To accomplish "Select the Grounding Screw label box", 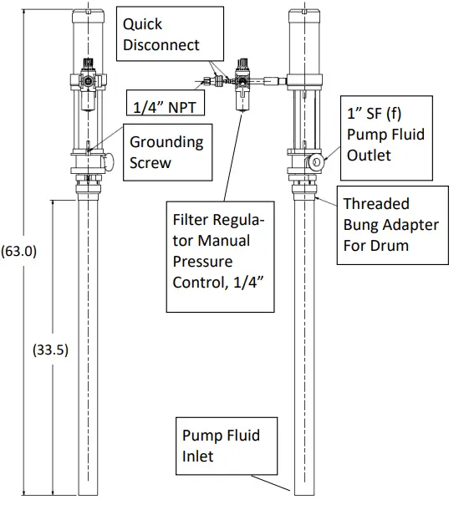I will pos(165,153).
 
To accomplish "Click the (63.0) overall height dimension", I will pos(18,250).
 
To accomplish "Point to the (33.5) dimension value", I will pos(50,349).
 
